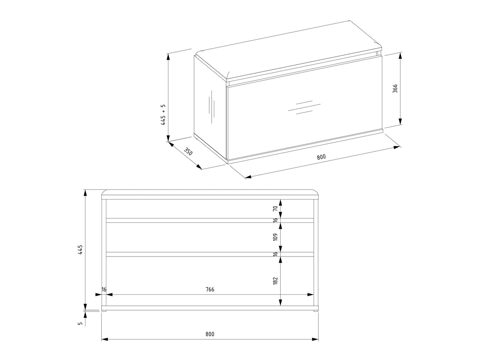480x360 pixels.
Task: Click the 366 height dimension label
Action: pyautogui.click(x=395, y=89)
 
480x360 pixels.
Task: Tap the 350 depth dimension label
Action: pyautogui.click(x=188, y=151)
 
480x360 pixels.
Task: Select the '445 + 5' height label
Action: pyautogui.click(x=163, y=115)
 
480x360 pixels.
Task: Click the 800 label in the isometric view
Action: pyautogui.click(x=321, y=157)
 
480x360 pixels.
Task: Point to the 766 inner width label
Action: pyautogui.click(x=210, y=289)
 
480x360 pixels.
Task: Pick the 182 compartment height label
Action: pyautogui.click(x=275, y=281)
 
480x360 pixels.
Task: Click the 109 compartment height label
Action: pyautogui.click(x=275, y=237)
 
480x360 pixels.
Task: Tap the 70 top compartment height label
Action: pyautogui.click(x=275, y=208)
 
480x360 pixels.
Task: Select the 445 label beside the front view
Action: pyautogui.click(x=80, y=249)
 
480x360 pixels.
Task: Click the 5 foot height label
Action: pyautogui.click(x=80, y=324)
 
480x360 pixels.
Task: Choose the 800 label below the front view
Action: pyautogui.click(x=210, y=334)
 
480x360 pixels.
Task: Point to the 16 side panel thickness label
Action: pyautogui.click(x=104, y=289)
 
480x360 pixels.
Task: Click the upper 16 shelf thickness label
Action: pyautogui.click(x=275, y=220)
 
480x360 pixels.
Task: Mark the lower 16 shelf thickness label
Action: pyautogui.click(x=275, y=254)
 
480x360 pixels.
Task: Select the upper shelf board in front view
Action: pyautogui.click(x=210, y=221)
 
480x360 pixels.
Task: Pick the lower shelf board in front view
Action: pyautogui.click(x=210, y=254)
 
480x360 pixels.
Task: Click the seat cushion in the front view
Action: pyautogui.click(x=210, y=194)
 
